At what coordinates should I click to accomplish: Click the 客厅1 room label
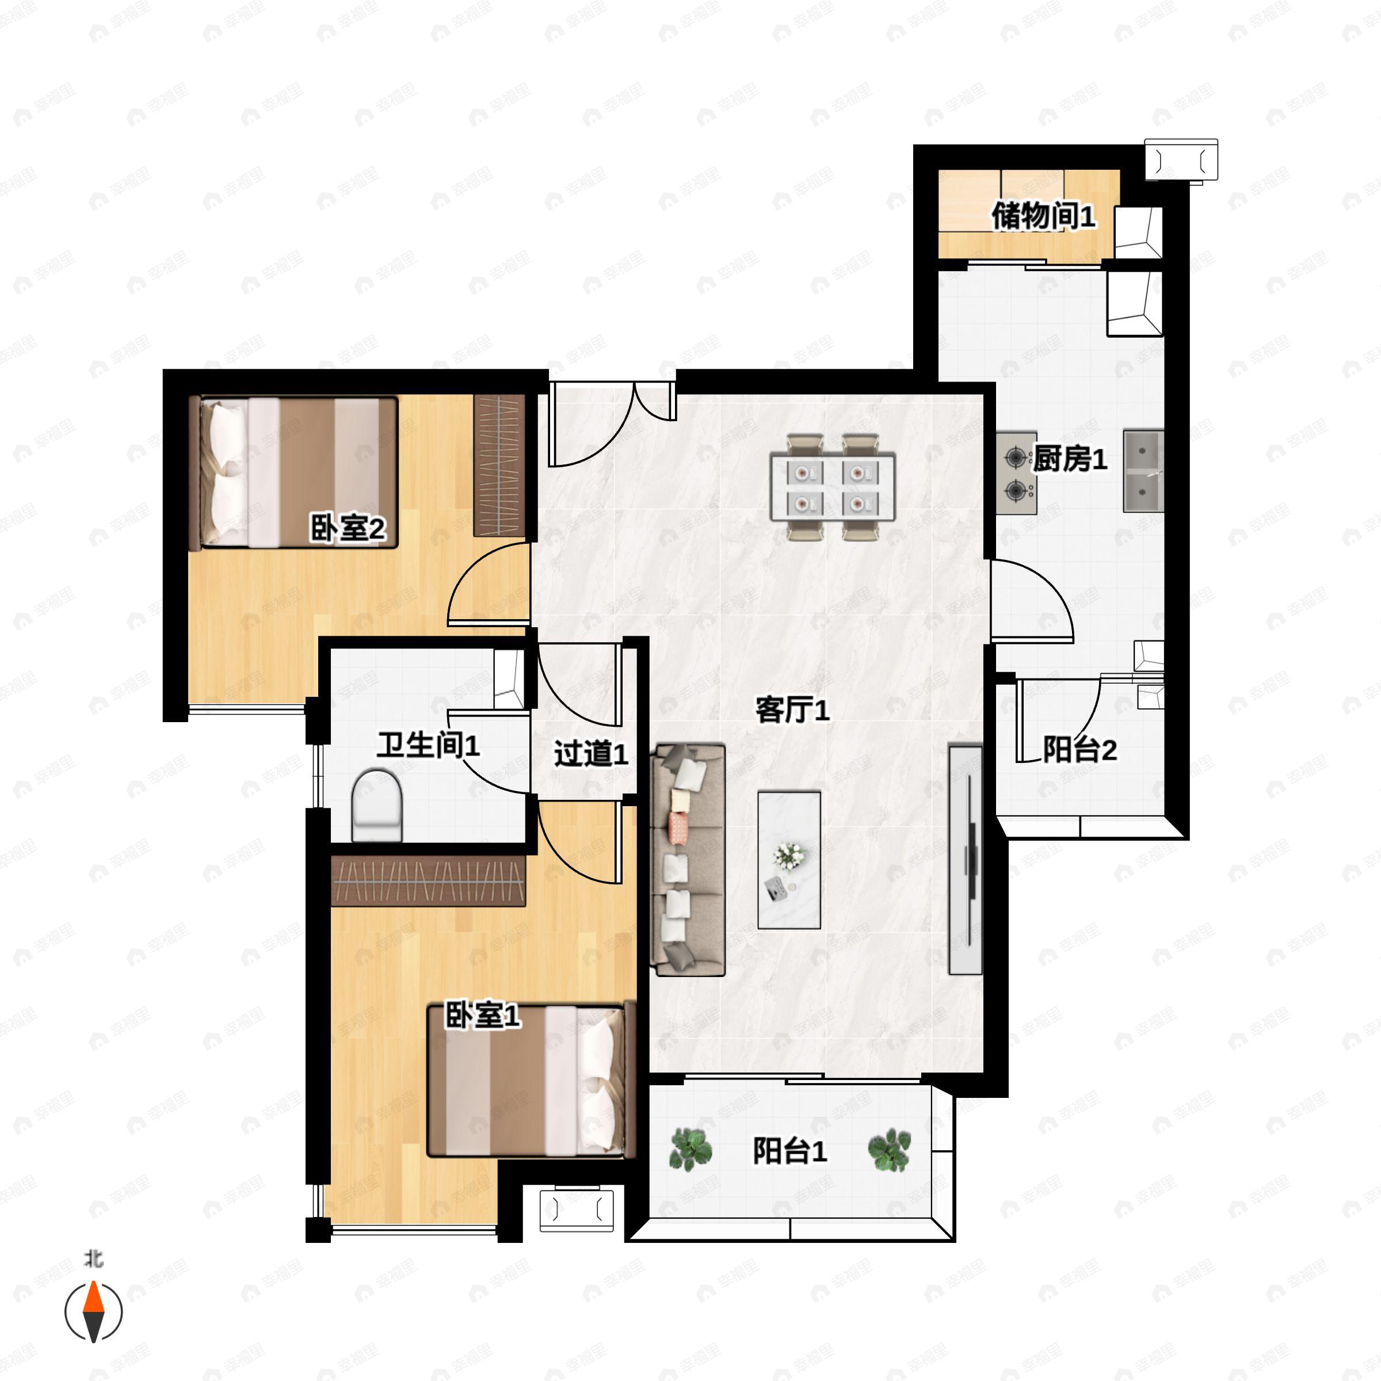click(x=792, y=711)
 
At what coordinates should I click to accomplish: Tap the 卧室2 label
click(x=348, y=528)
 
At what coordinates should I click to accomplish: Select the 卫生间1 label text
click(x=428, y=746)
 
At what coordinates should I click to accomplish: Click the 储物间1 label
click(x=1043, y=216)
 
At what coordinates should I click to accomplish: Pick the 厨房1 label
click(x=1070, y=459)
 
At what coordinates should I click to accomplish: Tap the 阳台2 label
click(x=1079, y=750)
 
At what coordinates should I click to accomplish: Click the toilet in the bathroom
click(x=377, y=805)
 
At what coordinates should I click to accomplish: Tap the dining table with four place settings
click(x=833, y=487)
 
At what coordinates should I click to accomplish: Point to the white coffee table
click(x=789, y=860)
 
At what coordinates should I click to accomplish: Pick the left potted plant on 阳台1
click(x=690, y=1150)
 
